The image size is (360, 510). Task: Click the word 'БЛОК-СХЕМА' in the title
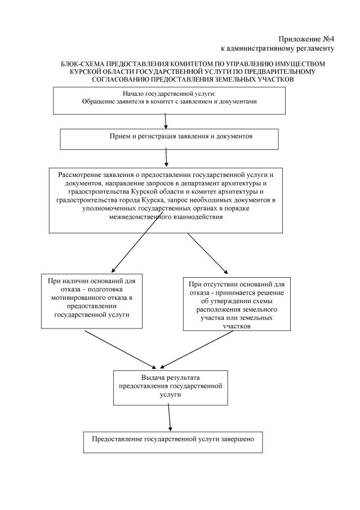click(85, 65)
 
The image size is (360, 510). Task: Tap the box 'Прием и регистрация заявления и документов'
click(169, 138)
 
